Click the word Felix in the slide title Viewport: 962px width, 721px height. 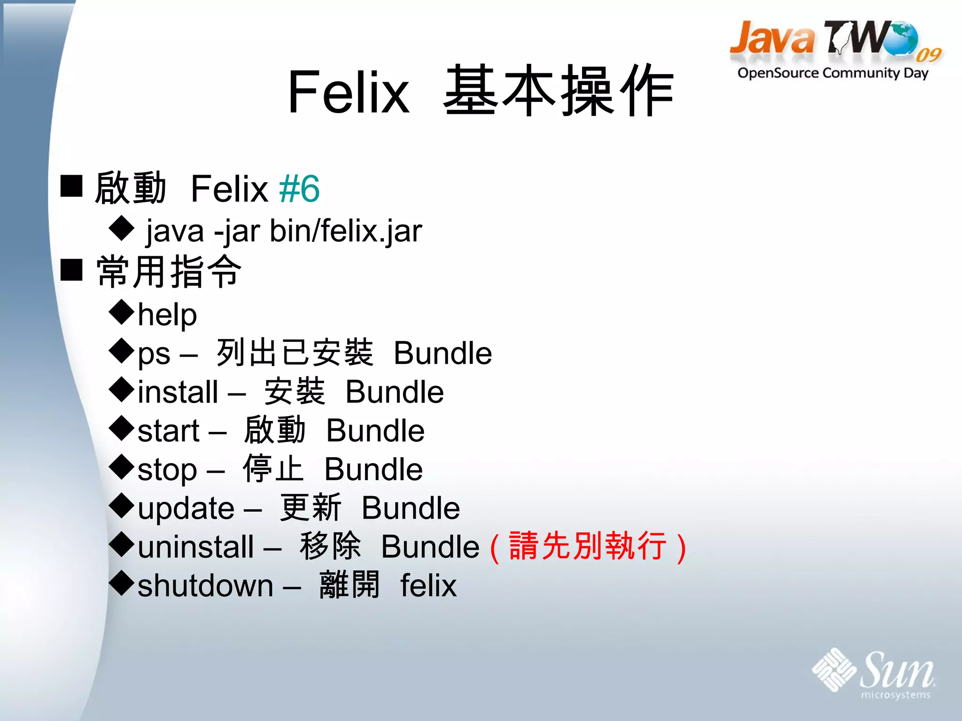tap(348, 92)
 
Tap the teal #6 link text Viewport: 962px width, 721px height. tap(299, 189)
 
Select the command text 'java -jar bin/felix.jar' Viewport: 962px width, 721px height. tap(284, 231)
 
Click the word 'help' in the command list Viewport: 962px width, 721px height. tap(167, 314)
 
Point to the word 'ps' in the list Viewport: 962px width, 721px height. tap(154, 355)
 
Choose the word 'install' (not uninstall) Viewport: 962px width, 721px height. tap(178, 392)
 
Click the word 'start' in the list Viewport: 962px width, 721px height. tap(169, 431)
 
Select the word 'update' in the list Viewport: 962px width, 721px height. tap(186, 508)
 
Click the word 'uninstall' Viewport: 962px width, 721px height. tap(195, 547)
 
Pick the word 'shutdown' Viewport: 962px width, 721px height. tap(205, 586)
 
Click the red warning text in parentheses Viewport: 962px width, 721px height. tap(588, 547)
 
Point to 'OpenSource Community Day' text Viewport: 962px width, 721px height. tap(832, 73)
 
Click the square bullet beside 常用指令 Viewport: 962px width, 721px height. tap(72, 270)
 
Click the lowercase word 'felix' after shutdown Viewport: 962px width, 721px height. tap(428, 586)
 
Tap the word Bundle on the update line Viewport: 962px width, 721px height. tap(411, 508)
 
